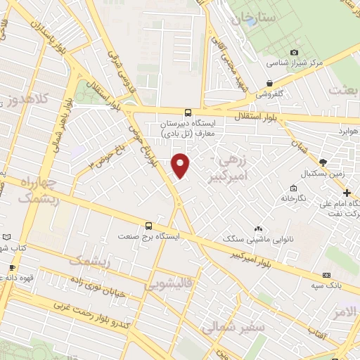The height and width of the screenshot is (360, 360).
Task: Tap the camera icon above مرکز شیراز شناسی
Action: pos(294,52)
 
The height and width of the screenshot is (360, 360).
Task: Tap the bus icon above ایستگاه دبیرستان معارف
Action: pos(188,112)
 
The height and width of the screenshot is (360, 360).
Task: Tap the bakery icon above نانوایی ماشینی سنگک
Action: pos(258,229)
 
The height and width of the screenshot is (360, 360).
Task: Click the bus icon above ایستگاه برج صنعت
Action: pos(148,226)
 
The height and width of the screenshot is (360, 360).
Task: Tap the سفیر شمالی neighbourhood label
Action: pos(232,326)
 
